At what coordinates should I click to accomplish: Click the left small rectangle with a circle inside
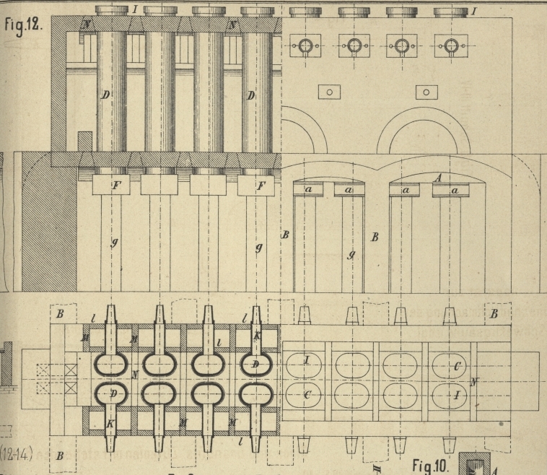[328, 92]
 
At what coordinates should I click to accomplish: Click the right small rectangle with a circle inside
[426, 92]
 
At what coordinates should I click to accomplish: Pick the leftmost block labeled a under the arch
[308, 190]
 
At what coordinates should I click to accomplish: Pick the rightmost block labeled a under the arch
[454, 190]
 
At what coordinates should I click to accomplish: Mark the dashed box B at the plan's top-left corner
[61, 315]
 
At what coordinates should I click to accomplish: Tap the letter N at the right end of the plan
[473, 381]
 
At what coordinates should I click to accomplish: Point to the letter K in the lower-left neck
[110, 423]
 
